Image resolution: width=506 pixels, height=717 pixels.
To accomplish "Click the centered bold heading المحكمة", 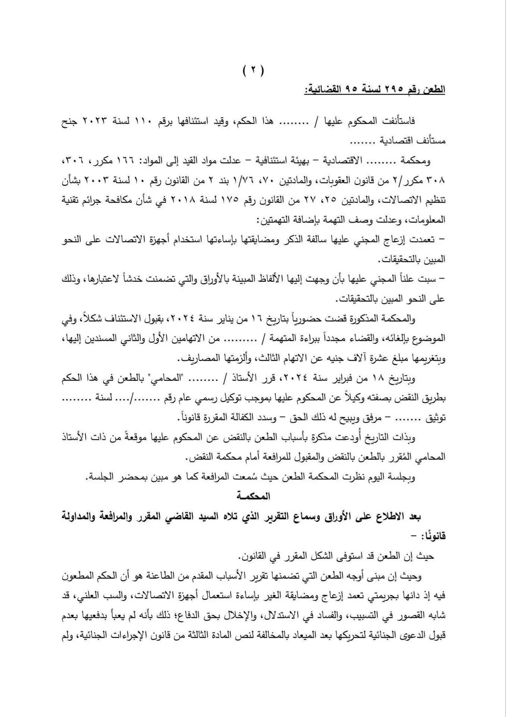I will [x=253, y=496].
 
